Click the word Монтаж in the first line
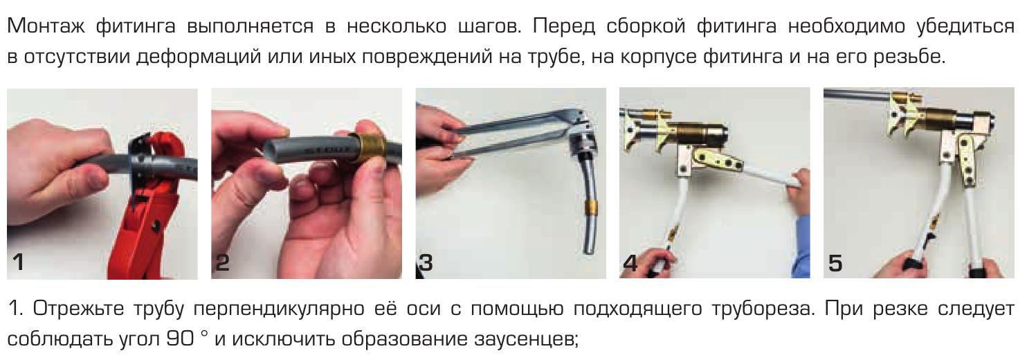tap(46, 26)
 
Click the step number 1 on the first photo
tap(18, 262)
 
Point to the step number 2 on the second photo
tap(222, 262)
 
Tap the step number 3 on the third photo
tap(426, 262)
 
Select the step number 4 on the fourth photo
tap(630, 263)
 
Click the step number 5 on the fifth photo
tap(835, 263)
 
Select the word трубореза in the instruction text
tap(763, 309)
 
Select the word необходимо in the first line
tap(846, 26)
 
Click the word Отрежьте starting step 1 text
tap(78, 309)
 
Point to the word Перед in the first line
tap(563, 26)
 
